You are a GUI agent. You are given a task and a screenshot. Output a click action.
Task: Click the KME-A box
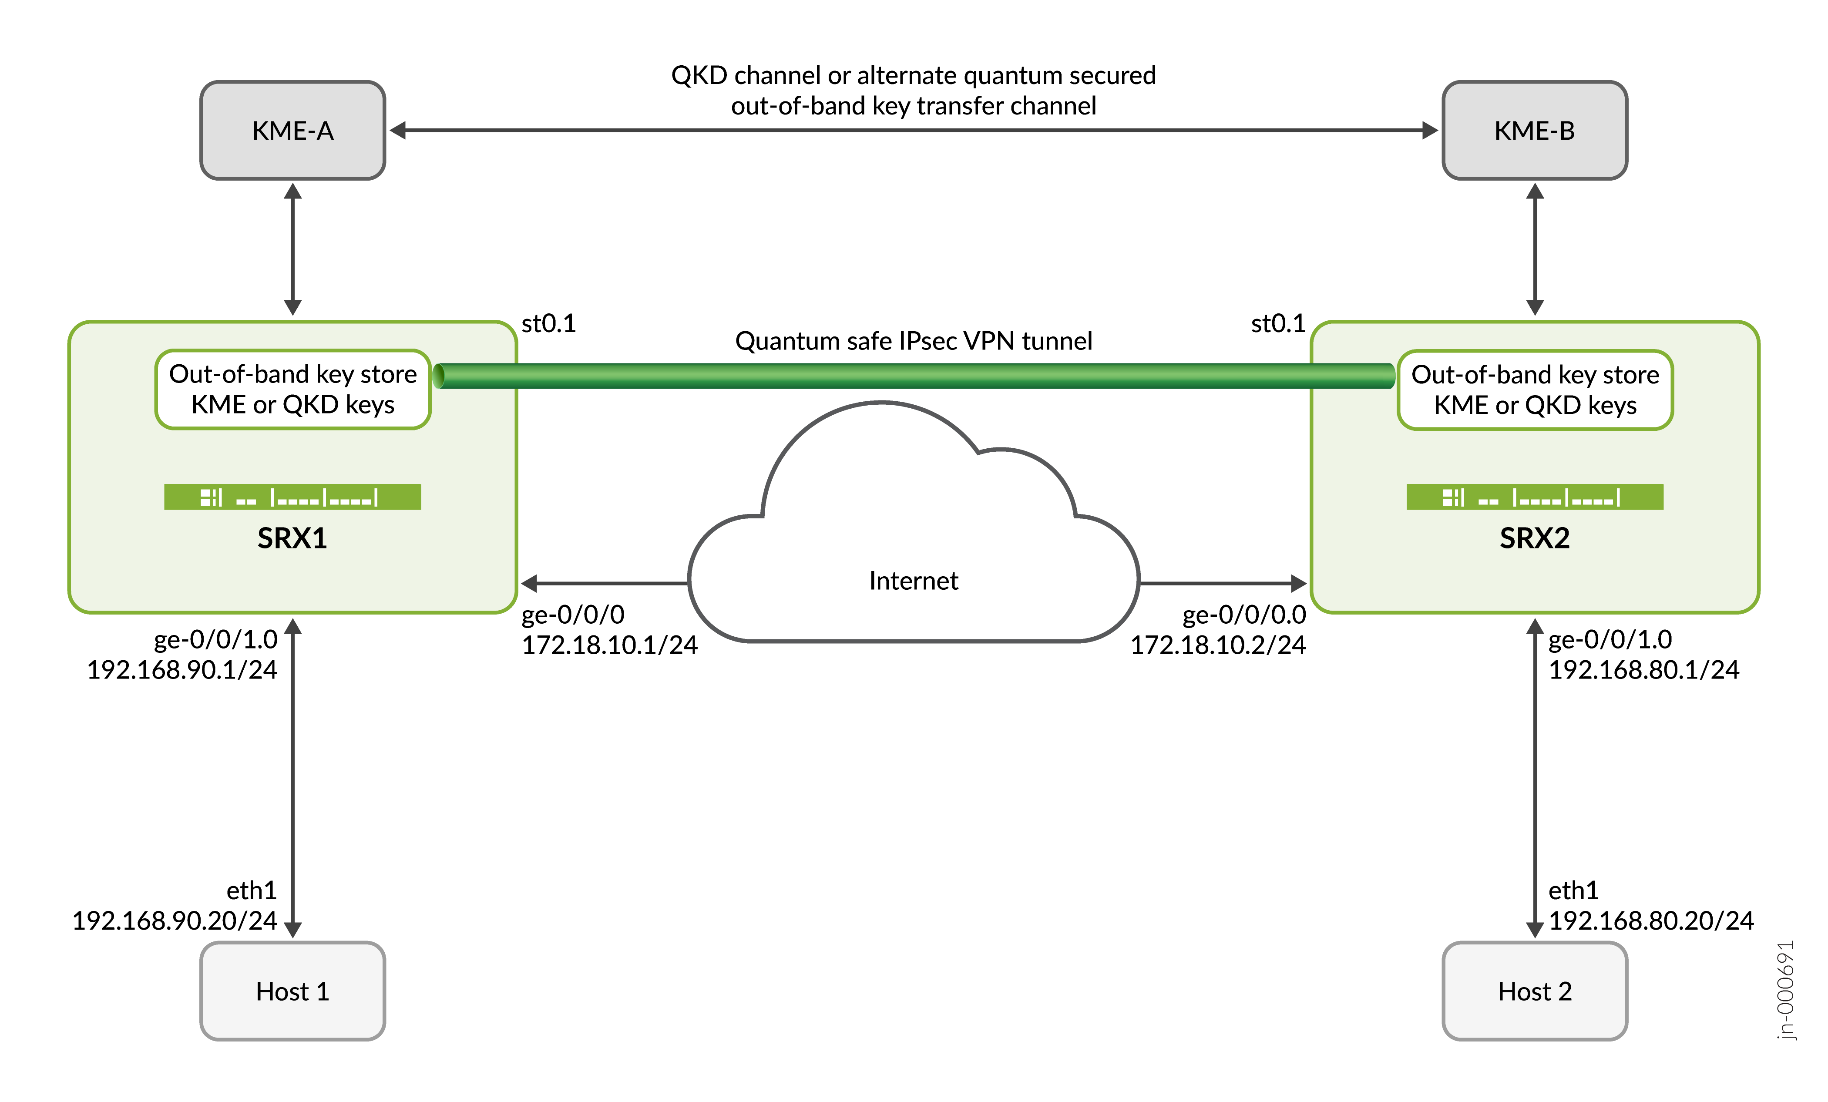tap(292, 131)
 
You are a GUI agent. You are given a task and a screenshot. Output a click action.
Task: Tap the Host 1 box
tap(292, 991)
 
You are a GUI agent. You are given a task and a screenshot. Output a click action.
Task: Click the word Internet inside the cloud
tap(913, 580)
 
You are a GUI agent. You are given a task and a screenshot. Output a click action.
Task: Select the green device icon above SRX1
tap(292, 497)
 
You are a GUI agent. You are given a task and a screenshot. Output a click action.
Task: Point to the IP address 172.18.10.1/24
tap(609, 645)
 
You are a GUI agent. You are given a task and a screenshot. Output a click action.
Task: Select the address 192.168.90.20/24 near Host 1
tap(175, 920)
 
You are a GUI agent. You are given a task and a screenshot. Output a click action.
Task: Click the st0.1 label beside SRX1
tap(548, 323)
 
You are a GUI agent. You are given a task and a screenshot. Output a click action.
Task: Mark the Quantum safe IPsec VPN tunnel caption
tap(913, 341)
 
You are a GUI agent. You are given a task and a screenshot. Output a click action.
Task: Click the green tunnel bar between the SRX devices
tap(913, 376)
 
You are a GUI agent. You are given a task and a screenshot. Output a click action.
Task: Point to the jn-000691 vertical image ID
tap(1786, 990)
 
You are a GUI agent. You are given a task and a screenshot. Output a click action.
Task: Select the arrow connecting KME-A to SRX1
tap(292, 249)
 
